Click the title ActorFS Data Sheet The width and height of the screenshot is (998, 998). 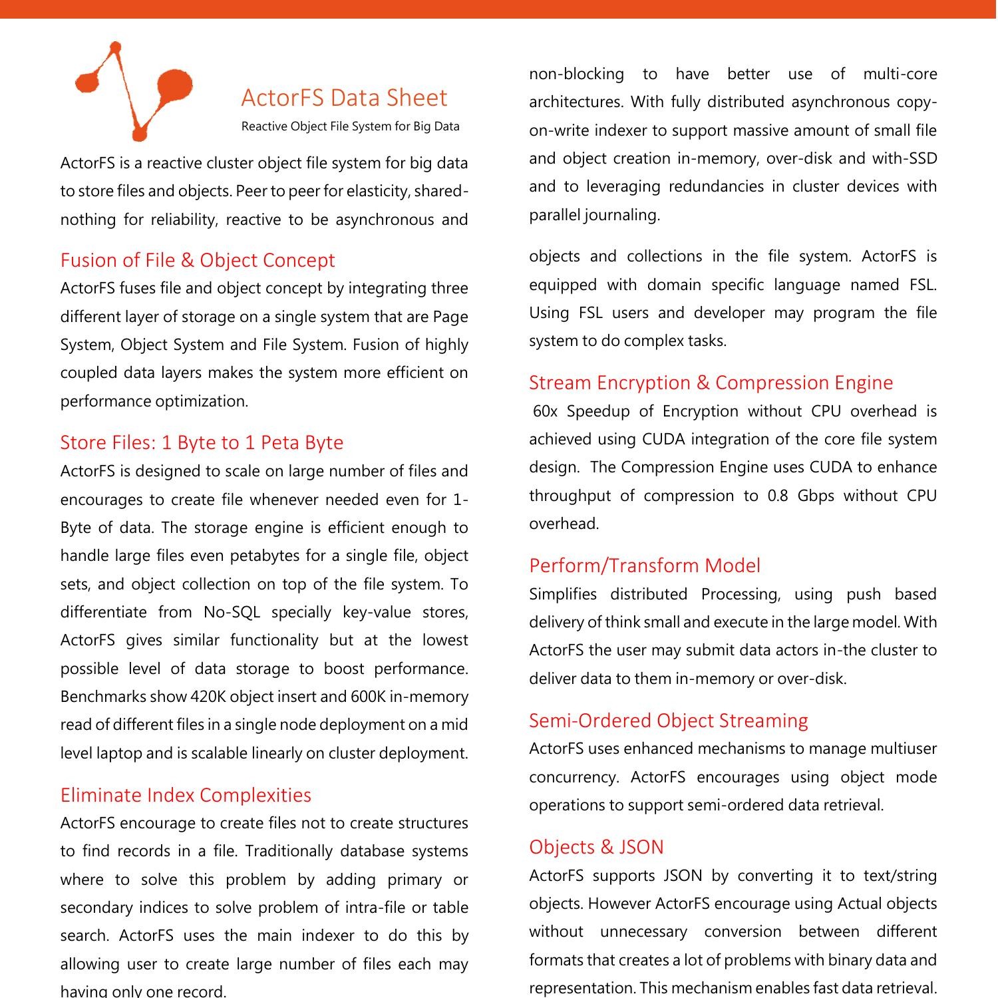pos(344,98)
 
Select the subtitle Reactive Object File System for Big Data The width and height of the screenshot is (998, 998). pos(350,126)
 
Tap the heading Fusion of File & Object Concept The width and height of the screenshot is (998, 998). pos(198,260)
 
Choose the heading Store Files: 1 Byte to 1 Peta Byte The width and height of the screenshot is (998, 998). pos(202,442)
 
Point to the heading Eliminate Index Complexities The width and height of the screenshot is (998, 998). pos(186,795)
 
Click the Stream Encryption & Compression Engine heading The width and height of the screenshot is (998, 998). pos(711,383)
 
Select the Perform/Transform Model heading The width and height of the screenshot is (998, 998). pos(644,566)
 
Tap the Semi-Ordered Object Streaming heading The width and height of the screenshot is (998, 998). pos(668,721)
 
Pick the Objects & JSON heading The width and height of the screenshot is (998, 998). pos(596,847)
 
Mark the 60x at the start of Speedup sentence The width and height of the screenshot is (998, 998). pos(545,412)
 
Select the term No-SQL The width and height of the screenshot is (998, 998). pos(232,612)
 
